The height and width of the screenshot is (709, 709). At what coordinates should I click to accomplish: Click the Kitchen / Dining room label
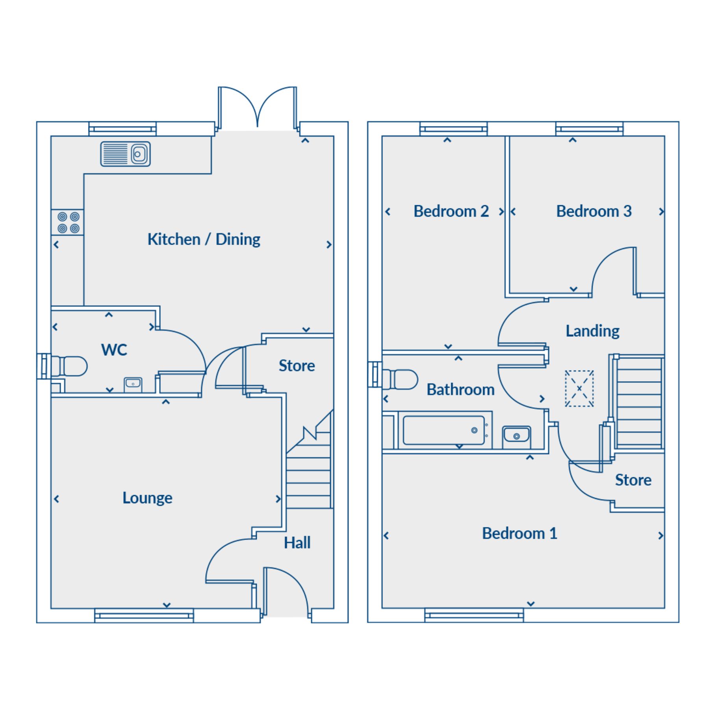coord(204,239)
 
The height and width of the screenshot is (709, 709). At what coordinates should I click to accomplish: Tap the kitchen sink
coord(125,154)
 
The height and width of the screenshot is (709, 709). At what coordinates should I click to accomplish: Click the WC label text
coord(114,350)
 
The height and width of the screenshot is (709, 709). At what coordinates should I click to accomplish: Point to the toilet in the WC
coord(69,366)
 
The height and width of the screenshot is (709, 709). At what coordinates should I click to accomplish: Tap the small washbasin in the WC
coord(133,384)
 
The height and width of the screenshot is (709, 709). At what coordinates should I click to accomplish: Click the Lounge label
coord(147,498)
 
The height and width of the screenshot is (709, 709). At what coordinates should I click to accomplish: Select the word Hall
coord(297,543)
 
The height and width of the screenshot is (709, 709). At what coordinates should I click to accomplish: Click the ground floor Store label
coord(297,366)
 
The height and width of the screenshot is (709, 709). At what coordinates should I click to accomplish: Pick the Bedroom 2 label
coord(451,211)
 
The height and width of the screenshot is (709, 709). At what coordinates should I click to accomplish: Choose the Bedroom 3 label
coord(594,211)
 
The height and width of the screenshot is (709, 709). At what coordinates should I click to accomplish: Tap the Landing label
coord(592,331)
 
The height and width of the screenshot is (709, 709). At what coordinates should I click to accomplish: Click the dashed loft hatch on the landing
coord(579,388)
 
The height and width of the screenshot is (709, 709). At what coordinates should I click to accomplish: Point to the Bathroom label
coord(460,390)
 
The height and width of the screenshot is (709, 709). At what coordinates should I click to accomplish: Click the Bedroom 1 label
coord(520,533)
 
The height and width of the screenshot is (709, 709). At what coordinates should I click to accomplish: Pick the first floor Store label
coord(633,480)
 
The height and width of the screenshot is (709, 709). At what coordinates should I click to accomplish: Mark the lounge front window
coord(144,615)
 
